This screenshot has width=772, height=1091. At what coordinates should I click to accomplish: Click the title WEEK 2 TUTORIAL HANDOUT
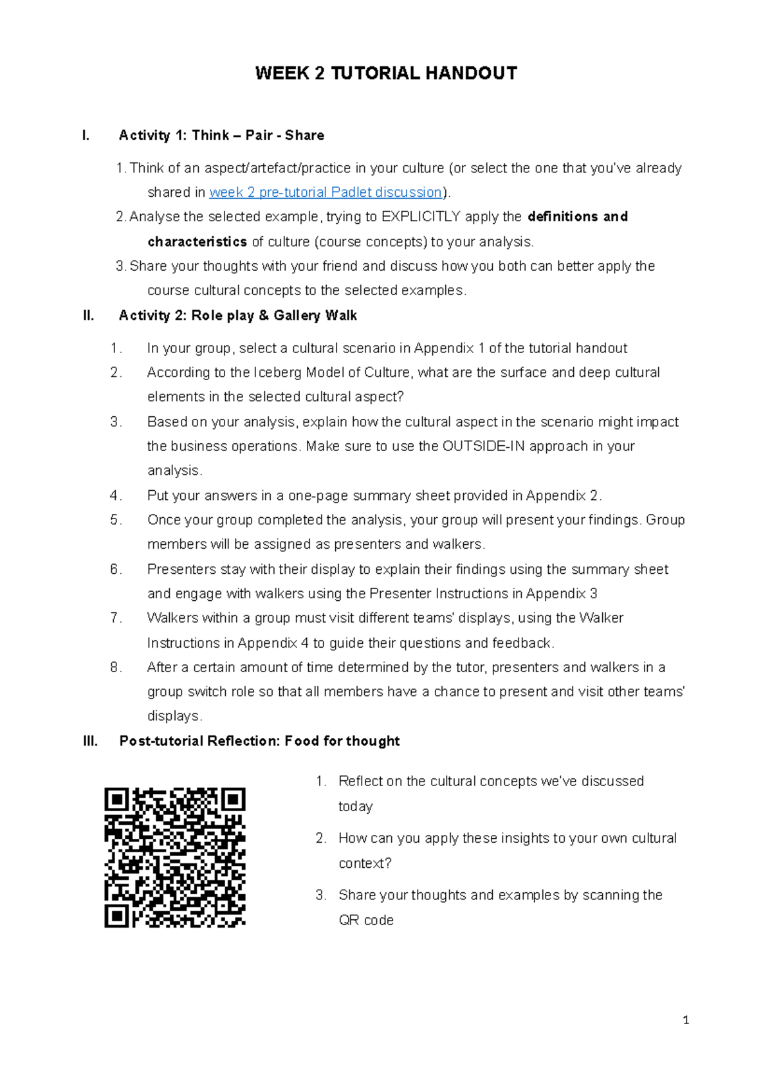pyautogui.click(x=386, y=73)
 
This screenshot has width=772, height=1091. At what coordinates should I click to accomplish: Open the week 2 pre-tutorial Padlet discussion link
pyautogui.click(x=326, y=192)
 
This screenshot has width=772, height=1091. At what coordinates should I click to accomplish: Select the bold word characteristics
pyautogui.click(x=197, y=242)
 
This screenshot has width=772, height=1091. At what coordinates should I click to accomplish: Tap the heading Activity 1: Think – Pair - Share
pyautogui.click(x=221, y=135)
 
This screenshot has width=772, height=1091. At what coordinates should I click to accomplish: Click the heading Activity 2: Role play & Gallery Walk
pyautogui.click(x=238, y=315)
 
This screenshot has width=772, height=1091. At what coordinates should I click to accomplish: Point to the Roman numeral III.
pyautogui.click(x=90, y=741)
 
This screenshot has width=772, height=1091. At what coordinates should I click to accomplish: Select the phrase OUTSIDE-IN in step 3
pyautogui.click(x=483, y=446)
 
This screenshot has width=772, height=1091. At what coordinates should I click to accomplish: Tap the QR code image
pyautogui.click(x=175, y=857)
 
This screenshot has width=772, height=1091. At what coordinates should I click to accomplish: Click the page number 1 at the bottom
pyautogui.click(x=686, y=1020)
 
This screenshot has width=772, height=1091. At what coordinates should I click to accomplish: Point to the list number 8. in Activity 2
pyautogui.click(x=116, y=668)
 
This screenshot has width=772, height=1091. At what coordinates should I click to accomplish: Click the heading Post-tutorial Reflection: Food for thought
pyautogui.click(x=259, y=741)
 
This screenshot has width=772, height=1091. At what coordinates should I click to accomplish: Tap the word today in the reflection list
pyautogui.click(x=356, y=807)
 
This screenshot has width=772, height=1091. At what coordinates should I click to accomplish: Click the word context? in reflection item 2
pyautogui.click(x=365, y=863)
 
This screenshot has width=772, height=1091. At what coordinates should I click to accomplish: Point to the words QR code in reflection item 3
pyautogui.click(x=366, y=921)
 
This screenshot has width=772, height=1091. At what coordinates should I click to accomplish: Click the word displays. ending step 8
pyautogui.click(x=175, y=716)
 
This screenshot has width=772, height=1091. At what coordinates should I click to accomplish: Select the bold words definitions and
pyautogui.click(x=577, y=217)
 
